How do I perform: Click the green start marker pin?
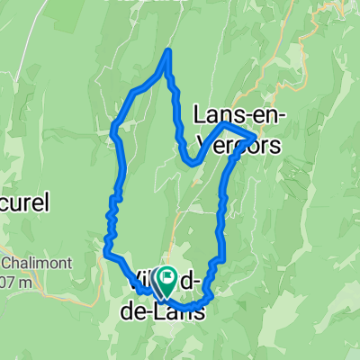click(x=166, y=282)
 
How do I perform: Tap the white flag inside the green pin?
click(x=166, y=277)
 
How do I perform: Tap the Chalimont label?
click(x=28, y=263)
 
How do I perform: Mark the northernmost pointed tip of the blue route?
click(x=167, y=51)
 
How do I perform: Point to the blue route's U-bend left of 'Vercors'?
click(x=190, y=162)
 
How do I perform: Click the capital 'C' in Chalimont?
click(x=5, y=263)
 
